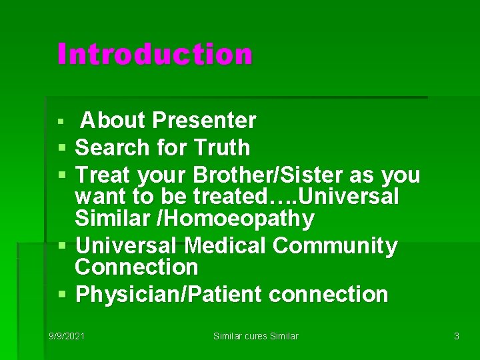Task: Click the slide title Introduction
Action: coord(155,53)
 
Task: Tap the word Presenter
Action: coord(204,120)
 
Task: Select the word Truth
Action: coord(222,147)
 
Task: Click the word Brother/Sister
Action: coord(268,175)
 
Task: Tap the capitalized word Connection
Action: coord(137,267)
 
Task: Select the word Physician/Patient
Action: coord(169,295)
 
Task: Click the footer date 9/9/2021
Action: coord(67,336)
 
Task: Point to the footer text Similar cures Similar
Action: coord(255,336)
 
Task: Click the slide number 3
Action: coord(457,336)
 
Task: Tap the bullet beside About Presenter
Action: coord(61,121)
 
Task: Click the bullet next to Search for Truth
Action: coord(62,148)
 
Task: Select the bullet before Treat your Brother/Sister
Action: coord(62,175)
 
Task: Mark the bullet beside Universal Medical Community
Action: coord(62,245)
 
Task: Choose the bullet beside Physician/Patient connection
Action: coord(62,294)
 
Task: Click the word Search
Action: coord(112,147)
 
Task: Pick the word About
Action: coord(113,120)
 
